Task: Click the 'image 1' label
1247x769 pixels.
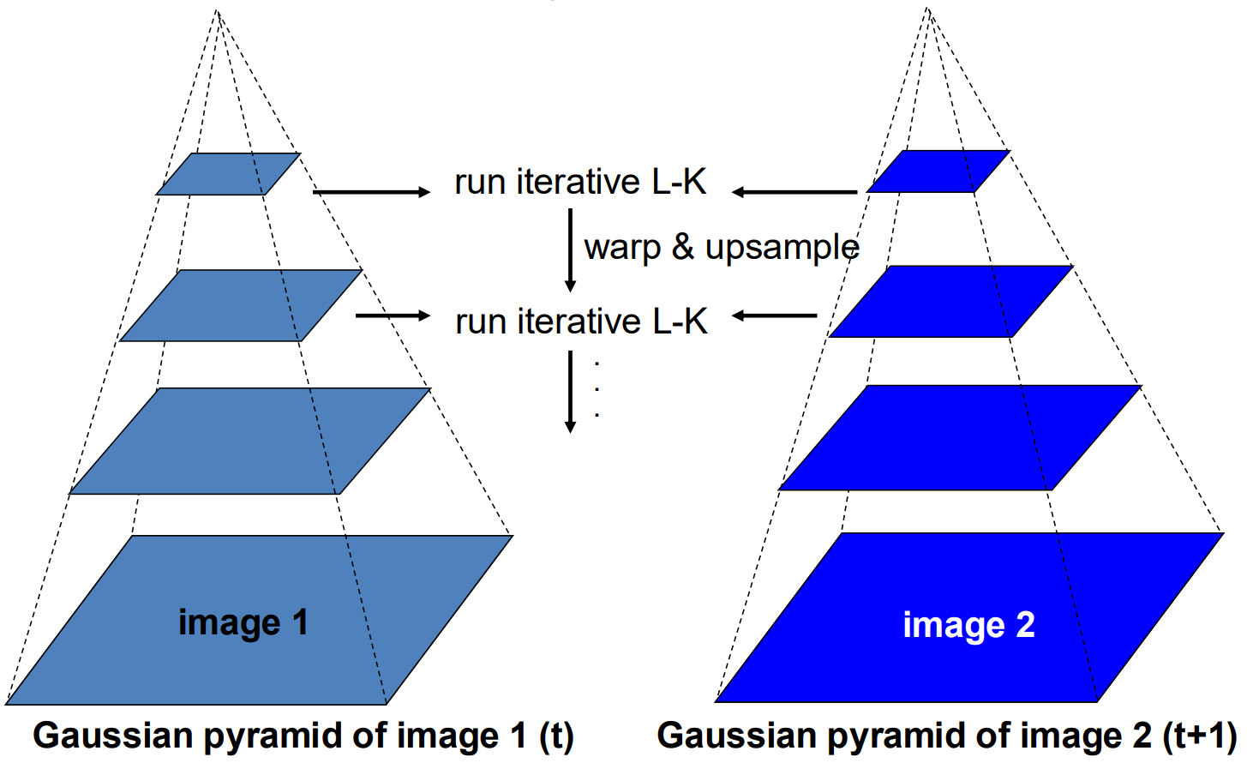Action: pos(243,623)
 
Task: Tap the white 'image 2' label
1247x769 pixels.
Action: pos(968,626)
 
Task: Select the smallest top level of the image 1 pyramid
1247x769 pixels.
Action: pos(228,174)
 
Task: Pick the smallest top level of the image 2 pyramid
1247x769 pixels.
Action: pos(938,171)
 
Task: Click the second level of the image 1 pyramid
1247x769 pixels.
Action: pos(241,305)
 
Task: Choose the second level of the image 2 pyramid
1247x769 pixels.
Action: pos(951,301)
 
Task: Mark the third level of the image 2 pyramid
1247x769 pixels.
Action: pos(961,437)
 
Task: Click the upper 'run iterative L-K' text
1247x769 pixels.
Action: pos(580,182)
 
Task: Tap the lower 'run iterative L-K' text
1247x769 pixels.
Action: pos(581,321)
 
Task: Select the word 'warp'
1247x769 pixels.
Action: pos(622,248)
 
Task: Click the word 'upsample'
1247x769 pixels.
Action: pos(782,248)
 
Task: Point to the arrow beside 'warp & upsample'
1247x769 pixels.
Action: pos(571,249)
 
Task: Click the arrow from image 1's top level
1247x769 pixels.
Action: pos(372,192)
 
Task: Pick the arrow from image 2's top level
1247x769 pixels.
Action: pos(794,192)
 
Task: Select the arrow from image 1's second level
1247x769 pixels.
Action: pos(393,315)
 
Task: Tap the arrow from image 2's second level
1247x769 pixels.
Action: pos(775,315)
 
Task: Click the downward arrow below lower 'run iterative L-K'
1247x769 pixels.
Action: pos(571,391)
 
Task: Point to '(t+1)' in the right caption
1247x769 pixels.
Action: pos(1200,736)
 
